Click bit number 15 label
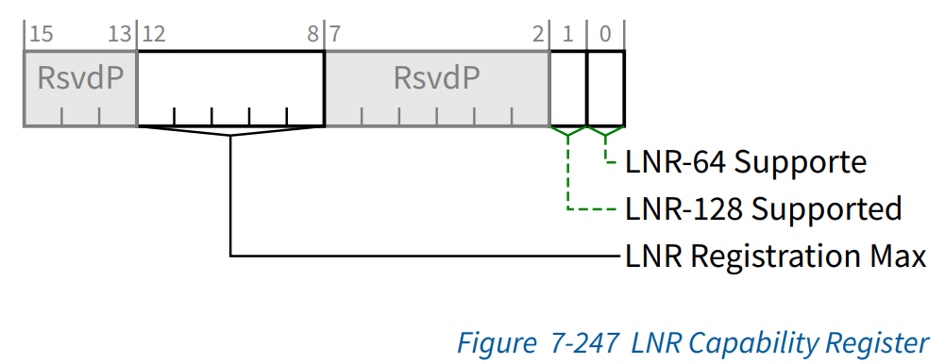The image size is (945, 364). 41,35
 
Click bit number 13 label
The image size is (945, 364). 119,35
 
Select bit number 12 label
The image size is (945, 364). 154,35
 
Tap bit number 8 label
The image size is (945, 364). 312,35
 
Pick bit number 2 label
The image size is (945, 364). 538,35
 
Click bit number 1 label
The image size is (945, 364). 568,35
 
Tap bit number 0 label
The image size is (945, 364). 605,35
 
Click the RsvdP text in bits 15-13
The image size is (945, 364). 80,78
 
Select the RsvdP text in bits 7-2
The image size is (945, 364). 437,78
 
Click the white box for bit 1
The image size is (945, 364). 568,88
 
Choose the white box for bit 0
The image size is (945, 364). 606,88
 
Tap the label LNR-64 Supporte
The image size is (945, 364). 746,162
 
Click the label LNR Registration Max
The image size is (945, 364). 775,256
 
